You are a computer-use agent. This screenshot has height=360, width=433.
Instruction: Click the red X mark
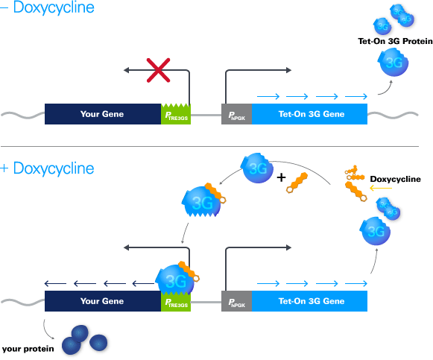click(157, 72)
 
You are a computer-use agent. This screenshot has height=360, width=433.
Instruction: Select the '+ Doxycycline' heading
click(48, 168)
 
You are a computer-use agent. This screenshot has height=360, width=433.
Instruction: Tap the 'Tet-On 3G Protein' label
click(395, 42)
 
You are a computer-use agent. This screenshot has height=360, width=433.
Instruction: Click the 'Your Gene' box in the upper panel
click(102, 114)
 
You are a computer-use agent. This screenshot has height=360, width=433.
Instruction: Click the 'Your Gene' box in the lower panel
click(102, 301)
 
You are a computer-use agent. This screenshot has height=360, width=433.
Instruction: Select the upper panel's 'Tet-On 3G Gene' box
click(310, 114)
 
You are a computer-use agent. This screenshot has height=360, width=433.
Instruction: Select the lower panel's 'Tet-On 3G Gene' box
click(310, 301)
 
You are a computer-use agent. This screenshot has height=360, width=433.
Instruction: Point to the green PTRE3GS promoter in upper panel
click(176, 114)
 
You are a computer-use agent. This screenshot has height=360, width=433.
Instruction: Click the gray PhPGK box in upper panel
click(236, 114)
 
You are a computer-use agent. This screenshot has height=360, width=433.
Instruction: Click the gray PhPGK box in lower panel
click(236, 301)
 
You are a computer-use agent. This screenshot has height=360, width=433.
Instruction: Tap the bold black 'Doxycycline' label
click(395, 179)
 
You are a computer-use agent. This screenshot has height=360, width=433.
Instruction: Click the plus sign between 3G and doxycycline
click(281, 178)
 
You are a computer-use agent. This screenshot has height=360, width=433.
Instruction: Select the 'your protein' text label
click(27, 348)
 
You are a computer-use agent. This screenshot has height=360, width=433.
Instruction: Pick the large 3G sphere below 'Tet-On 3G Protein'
click(392, 63)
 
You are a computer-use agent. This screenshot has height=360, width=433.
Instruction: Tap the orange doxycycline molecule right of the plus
click(299, 181)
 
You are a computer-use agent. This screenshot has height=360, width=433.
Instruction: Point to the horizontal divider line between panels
click(216, 146)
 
